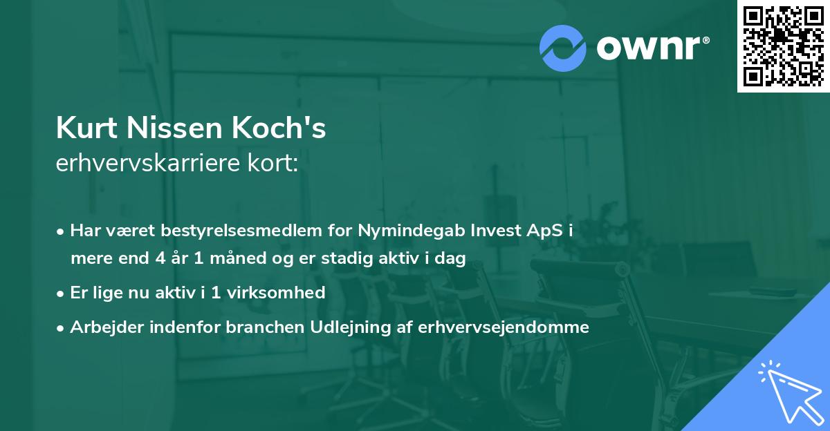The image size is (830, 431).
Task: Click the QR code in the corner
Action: tap(783, 46)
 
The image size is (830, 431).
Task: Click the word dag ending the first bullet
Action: tap(452, 260)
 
